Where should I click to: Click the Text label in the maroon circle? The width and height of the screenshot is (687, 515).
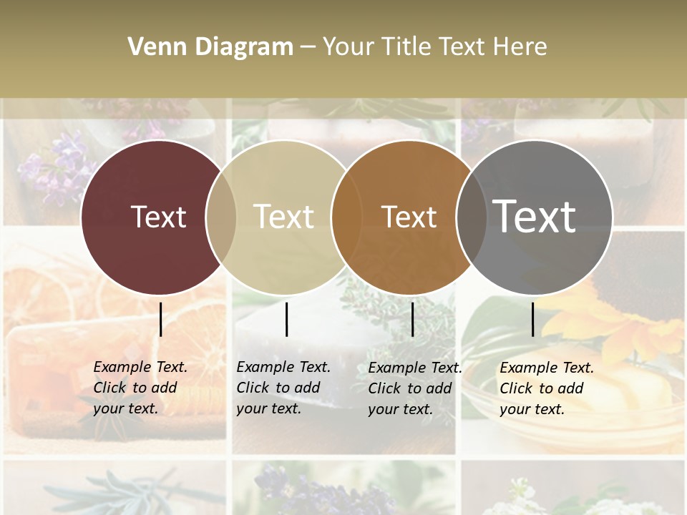click(158, 217)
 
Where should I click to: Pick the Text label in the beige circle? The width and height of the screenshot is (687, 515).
click(283, 217)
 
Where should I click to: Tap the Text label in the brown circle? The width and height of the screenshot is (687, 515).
click(409, 217)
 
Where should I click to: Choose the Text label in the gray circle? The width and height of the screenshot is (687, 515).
click(535, 216)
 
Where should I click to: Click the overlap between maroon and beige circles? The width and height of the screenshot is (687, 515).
click(221, 217)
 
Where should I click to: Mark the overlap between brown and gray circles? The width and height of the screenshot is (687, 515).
click(471, 217)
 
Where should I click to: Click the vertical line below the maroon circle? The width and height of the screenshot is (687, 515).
click(161, 319)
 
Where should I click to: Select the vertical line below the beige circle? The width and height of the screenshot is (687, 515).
click(286, 319)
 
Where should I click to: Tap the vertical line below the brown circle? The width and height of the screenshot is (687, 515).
click(412, 319)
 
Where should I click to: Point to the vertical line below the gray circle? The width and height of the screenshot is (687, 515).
click(532, 319)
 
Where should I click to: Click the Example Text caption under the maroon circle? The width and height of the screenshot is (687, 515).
click(140, 388)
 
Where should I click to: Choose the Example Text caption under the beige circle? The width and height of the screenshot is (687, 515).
click(283, 388)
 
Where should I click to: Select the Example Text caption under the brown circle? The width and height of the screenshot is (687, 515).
click(414, 388)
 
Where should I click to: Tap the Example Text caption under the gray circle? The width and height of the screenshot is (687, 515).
click(546, 388)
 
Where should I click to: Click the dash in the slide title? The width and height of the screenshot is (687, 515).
click(308, 47)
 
